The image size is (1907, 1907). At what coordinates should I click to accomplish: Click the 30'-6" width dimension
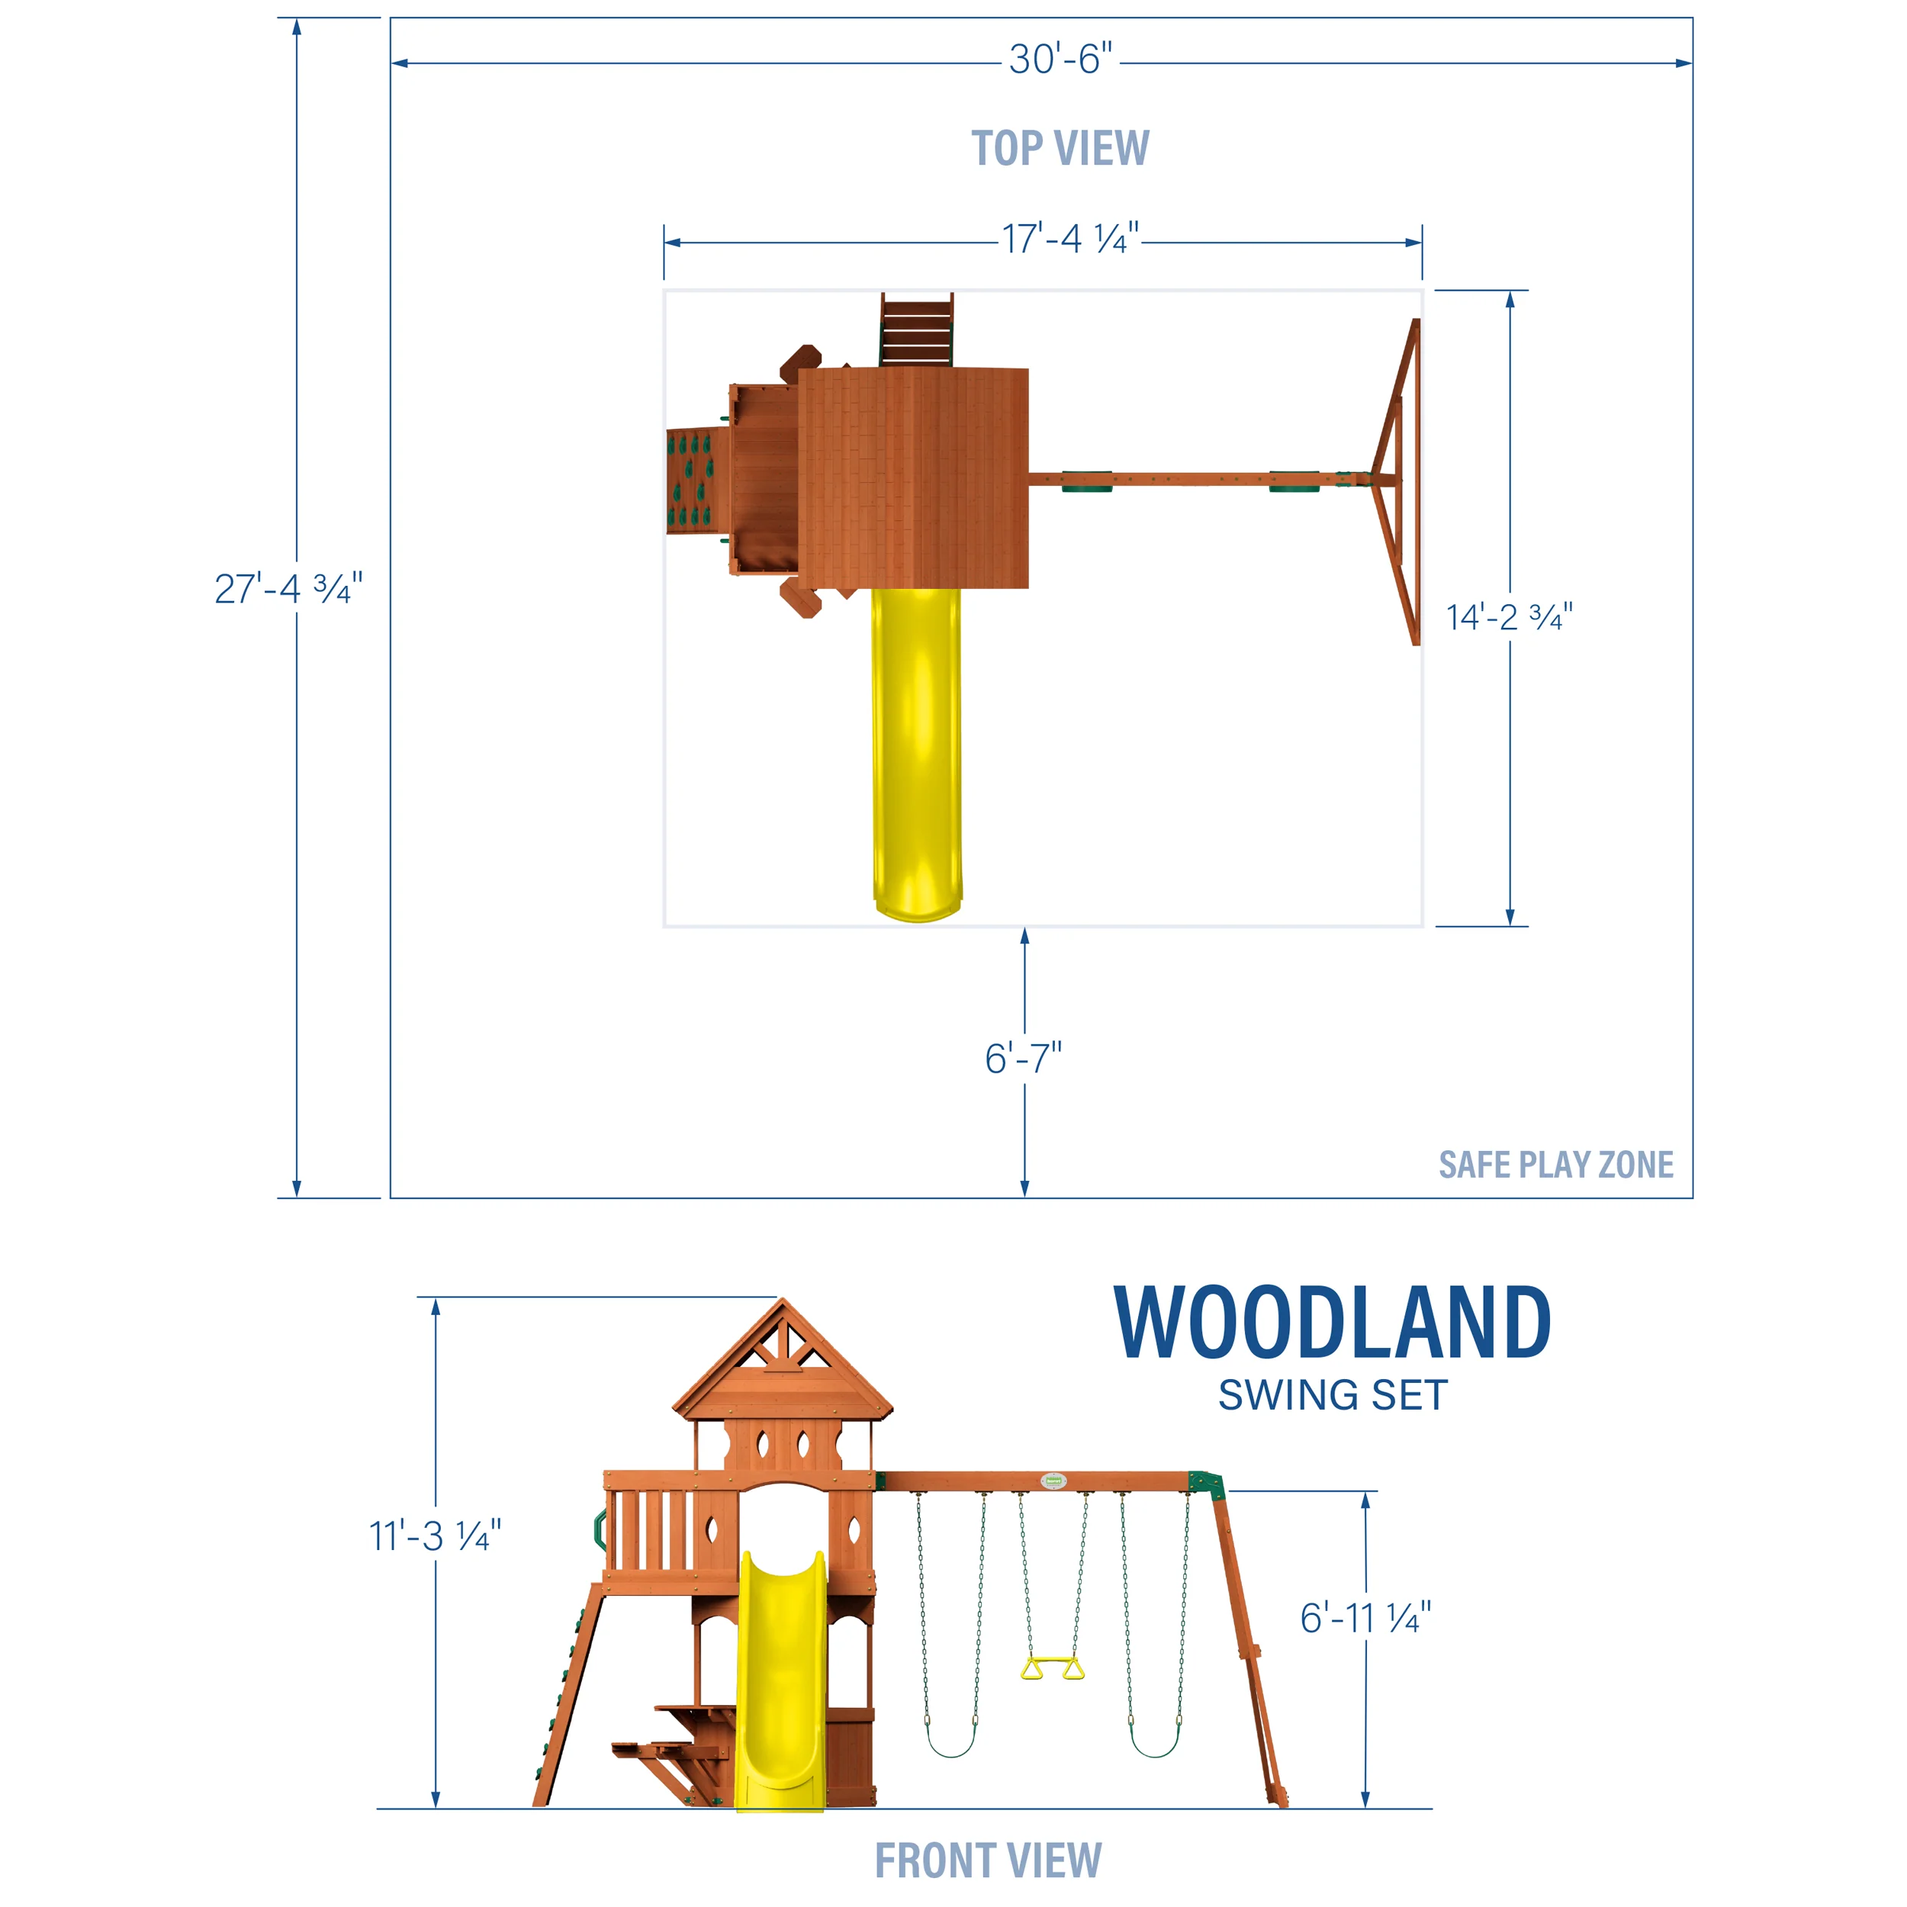pos(1060,60)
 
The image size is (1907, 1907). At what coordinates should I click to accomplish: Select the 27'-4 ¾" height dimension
pos(288,590)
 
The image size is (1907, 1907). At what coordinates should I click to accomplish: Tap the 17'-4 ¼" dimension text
pos(1070,240)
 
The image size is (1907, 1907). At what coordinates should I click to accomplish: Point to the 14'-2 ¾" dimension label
pos(1508,618)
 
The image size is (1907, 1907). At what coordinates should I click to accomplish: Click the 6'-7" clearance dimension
pos(1024,1059)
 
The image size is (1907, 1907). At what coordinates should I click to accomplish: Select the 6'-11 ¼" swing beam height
pos(1365,1618)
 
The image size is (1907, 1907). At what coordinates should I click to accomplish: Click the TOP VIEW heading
pos(1060,149)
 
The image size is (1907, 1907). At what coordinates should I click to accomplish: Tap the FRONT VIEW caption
pos(988,1860)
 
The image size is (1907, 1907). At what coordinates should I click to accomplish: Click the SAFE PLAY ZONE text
pos(1555,1165)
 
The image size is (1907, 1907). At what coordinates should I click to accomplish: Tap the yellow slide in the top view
pos(916,750)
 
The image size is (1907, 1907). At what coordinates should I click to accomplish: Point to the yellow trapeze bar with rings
pos(1051,1669)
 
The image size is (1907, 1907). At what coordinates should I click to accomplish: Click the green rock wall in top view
pos(690,481)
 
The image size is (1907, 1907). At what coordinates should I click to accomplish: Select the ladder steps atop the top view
pos(917,330)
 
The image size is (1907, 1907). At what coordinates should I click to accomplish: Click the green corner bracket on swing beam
pos(1205,1484)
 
